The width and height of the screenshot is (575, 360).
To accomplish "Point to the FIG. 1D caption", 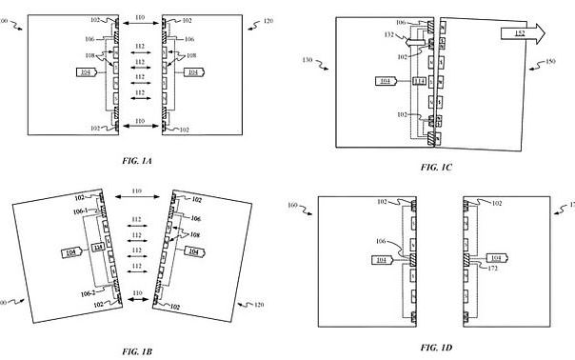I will tap(437, 348).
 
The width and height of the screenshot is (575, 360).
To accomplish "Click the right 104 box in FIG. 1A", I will tap(193, 71).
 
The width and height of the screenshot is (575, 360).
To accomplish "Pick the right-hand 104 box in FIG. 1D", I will tap(497, 257).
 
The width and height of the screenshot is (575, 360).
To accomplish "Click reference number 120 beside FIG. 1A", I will tap(266, 20).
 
